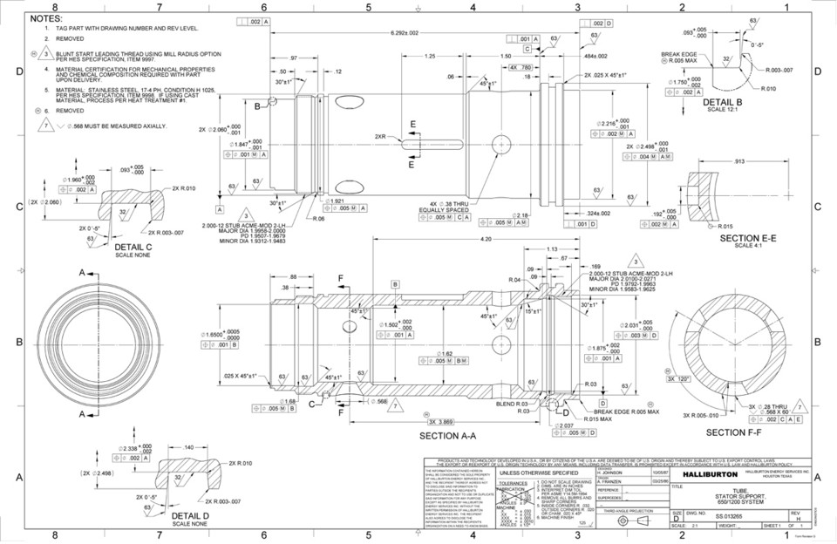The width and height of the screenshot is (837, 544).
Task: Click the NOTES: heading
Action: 46,17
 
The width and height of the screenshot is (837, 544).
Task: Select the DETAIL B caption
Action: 722,102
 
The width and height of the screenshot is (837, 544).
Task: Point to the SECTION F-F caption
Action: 733,432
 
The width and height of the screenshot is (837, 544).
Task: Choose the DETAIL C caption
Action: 133,247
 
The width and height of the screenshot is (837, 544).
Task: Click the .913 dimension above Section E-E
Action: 738,161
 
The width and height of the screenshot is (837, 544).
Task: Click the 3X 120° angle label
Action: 677,379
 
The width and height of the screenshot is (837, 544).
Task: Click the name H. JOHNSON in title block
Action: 612,473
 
